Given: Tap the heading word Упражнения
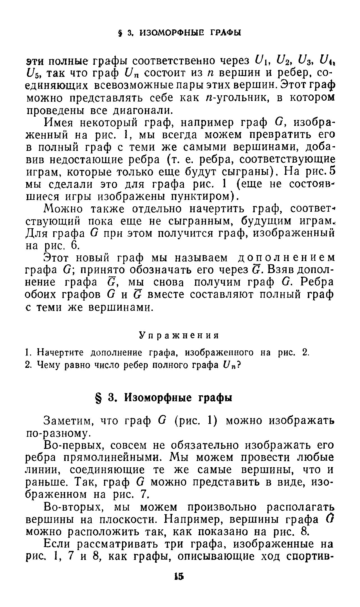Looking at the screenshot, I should click(x=179, y=335).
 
